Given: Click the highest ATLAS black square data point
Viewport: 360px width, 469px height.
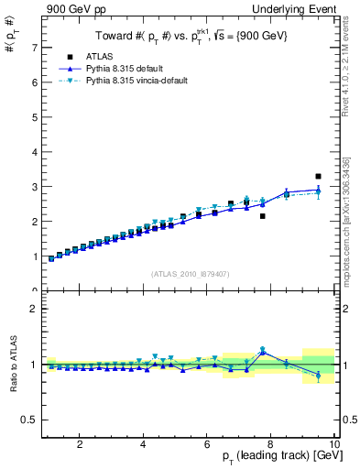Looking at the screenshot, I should (x=318, y=176).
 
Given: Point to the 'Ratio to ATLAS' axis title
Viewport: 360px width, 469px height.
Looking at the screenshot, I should (x=11, y=365).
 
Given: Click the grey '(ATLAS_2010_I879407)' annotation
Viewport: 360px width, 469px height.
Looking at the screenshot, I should (x=190, y=273).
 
